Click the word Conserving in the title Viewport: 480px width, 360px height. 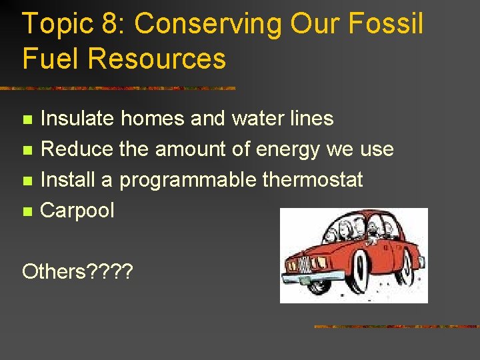tap(209, 25)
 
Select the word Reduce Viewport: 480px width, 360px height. tap(77, 149)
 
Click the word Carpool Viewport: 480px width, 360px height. tap(77, 211)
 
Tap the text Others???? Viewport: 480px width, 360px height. tap(77, 272)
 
